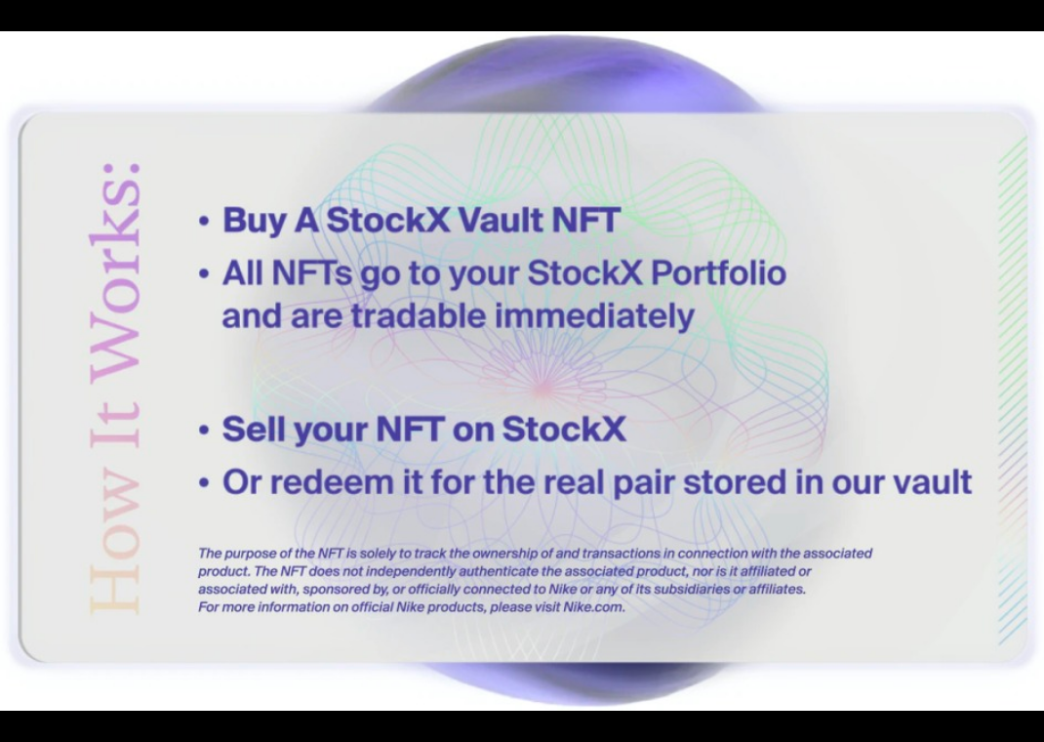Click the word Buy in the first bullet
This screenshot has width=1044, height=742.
(x=255, y=221)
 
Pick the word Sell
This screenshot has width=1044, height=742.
(x=255, y=429)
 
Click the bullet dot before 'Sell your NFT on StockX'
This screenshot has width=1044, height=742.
(x=204, y=430)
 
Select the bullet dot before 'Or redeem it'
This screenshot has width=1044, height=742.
(x=204, y=482)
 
